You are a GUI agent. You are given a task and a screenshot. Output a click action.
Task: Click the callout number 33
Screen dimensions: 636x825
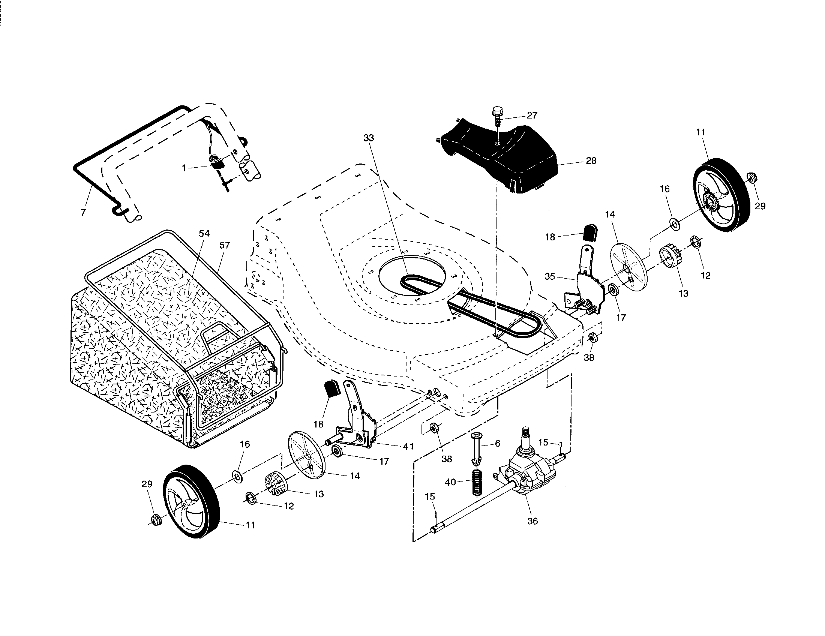coord(369,138)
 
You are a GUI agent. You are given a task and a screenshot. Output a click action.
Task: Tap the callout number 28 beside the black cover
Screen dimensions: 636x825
coord(591,160)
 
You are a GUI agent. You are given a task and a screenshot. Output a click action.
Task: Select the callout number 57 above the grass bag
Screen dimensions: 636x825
coord(224,246)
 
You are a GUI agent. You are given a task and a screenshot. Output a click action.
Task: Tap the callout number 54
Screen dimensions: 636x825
coord(204,234)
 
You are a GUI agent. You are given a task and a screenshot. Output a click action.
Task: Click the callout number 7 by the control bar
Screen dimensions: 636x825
coord(83,212)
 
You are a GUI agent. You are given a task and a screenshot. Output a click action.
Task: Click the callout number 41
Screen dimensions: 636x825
coord(408,446)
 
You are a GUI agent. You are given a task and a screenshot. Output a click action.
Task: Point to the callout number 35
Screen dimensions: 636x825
coord(550,276)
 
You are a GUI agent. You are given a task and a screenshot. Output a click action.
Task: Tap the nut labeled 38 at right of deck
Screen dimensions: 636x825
coord(592,337)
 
